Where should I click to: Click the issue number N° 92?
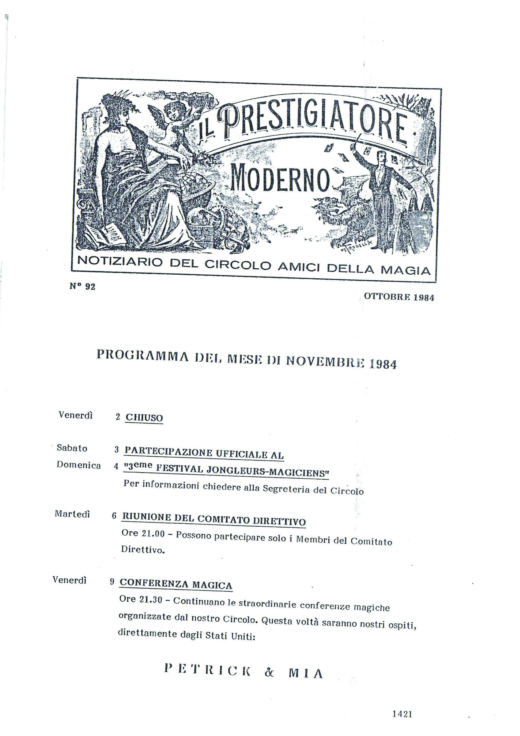(82, 286)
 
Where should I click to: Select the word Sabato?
(72, 448)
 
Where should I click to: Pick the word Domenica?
(78, 465)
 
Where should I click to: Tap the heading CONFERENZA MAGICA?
(175, 584)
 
